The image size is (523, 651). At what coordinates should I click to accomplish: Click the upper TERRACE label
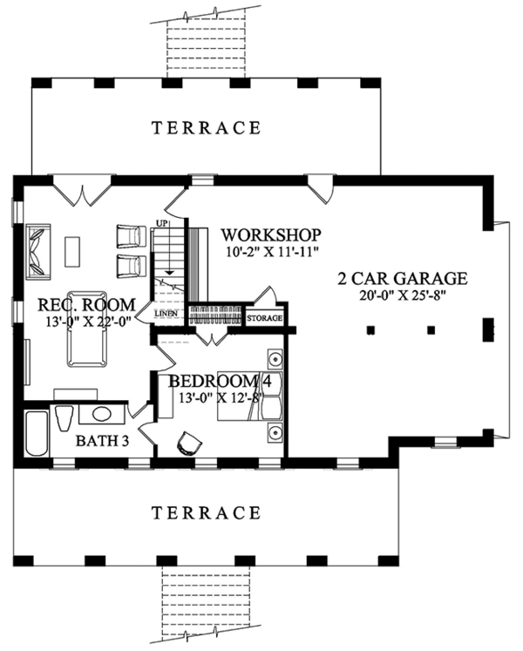tap(206, 128)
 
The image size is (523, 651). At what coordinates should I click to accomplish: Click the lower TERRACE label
tap(206, 512)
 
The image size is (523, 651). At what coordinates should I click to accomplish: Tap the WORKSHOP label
tap(271, 235)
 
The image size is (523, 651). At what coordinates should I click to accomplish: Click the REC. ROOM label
tap(86, 305)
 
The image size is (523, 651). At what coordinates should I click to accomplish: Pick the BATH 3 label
tap(103, 441)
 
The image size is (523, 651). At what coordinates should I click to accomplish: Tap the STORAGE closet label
tap(265, 319)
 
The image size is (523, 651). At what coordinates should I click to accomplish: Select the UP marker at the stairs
tap(160, 224)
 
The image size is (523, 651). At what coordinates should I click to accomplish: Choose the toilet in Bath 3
tap(63, 418)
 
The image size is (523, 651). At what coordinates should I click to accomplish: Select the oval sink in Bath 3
tap(100, 415)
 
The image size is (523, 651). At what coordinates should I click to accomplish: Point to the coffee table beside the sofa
tap(74, 251)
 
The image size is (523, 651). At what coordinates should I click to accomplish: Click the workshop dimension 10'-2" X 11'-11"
tap(271, 251)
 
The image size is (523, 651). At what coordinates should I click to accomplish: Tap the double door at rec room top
tap(83, 191)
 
